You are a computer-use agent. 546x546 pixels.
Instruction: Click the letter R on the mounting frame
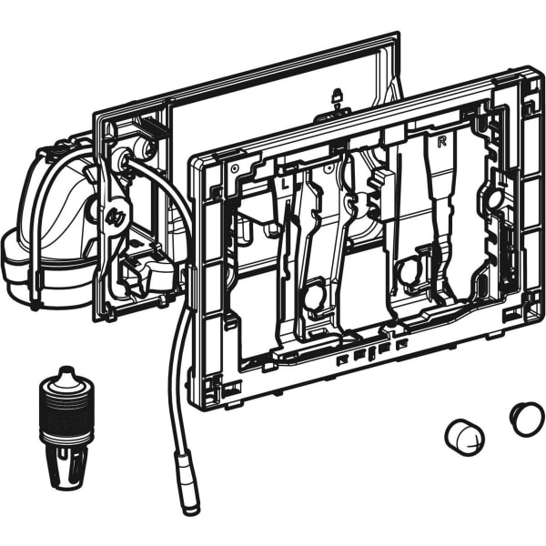coord(442,142)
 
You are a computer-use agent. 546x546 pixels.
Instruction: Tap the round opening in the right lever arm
coord(407,270)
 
